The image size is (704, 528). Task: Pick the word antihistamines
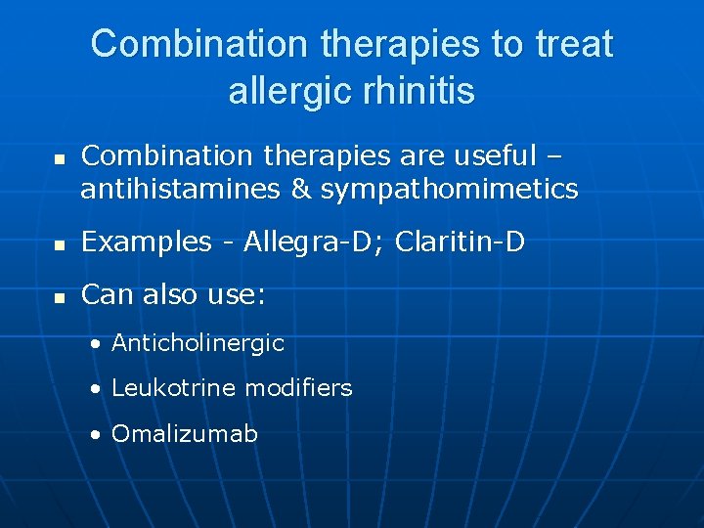(182, 189)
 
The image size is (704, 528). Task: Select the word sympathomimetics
(450, 189)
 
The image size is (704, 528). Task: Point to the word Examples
(147, 242)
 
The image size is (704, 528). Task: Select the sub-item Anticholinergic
(198, 343)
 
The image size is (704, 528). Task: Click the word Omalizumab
(185, 433)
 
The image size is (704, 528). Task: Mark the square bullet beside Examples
(60, 243)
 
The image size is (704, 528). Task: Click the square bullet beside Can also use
(60, 296)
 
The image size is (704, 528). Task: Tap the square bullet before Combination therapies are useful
(60, 157)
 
